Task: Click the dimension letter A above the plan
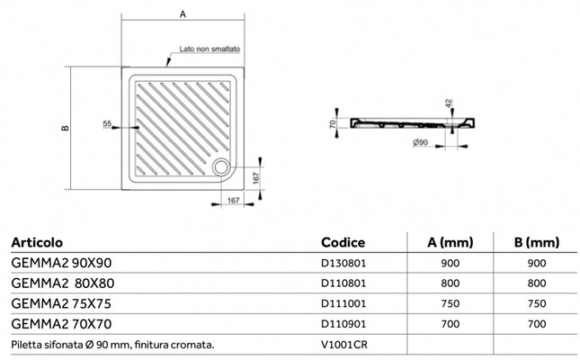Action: (x=183, y=14)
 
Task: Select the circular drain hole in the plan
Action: (x=221, y=166)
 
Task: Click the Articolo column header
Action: (x=37, y=242)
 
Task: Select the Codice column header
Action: (x=343, y=242)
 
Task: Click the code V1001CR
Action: (x=340, y=344)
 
